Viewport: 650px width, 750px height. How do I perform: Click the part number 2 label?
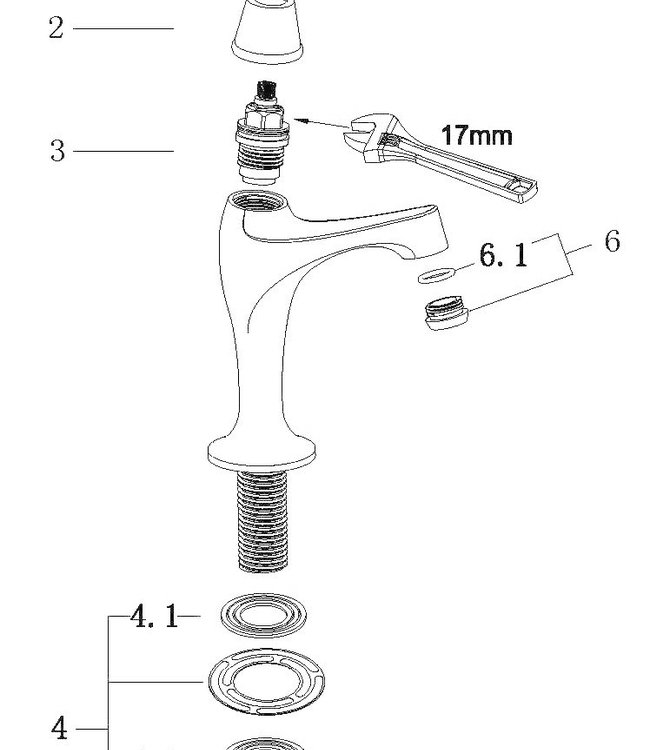pyautogui.click(x=56, y=28)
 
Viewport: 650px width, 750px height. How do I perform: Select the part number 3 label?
pyautogui.click(x=57, y=152)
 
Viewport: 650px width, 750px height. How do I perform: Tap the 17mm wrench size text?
pyautogui.click(x=476, y=135)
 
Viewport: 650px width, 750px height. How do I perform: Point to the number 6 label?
pyautogui.click(x=612, y=242)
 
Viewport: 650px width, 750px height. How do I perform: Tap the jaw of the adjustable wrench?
pyautogui.click(x=366, y=139)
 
